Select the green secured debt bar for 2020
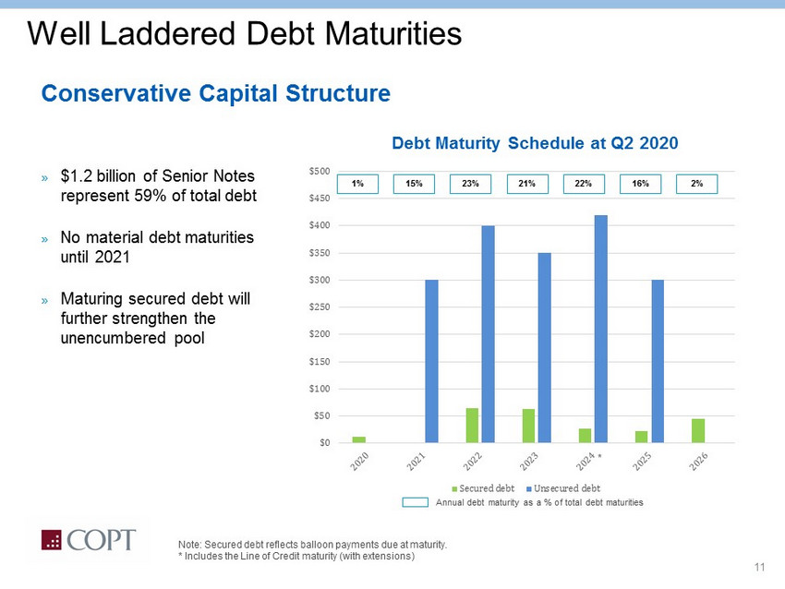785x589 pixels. (358, 439)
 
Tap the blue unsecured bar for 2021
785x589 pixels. (431, 361)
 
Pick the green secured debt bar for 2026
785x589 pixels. (698, 431)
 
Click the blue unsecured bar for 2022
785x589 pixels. (488, 334)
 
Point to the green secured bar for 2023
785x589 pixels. (528, 426)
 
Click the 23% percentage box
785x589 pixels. (470, 184)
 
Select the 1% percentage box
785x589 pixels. (357, 184)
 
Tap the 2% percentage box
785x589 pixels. (697, 184)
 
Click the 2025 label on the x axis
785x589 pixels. (644, 459)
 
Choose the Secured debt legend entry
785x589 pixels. (484, 487)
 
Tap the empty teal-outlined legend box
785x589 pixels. (416, 502)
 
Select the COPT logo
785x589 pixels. (88, 541)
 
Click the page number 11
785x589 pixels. (760, 566)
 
